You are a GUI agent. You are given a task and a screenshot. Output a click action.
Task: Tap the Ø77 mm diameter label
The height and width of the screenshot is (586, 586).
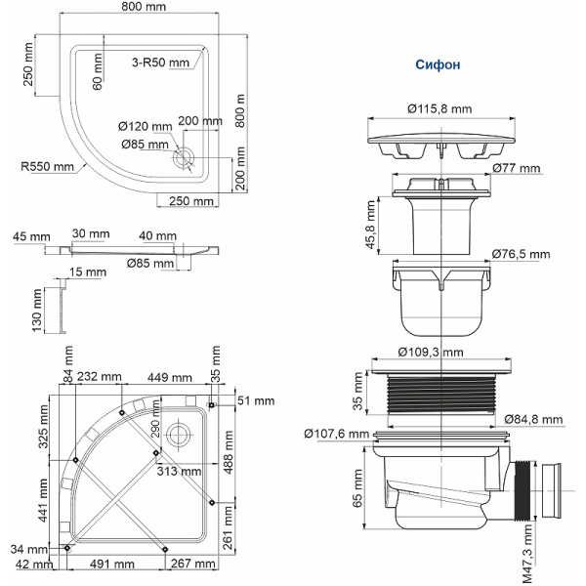click(x=517, y=169)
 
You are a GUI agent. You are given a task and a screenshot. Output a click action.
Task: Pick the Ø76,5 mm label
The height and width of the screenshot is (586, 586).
click(x=522, y=254)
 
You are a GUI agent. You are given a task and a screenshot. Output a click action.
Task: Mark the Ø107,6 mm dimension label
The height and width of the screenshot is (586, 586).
click(x=335, y=434)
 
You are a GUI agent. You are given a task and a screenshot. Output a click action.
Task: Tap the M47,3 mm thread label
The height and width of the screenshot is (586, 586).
click(x=528, y=551)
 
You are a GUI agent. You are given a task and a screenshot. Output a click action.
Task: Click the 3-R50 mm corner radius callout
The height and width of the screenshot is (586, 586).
click(x=160, y=63)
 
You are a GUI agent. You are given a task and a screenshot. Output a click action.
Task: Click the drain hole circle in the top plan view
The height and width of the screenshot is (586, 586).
click(x=185, y=155)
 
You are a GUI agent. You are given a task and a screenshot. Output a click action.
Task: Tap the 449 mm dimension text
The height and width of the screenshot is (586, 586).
click(x=168, y=378)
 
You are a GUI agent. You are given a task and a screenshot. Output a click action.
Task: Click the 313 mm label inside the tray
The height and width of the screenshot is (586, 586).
click(x=180, y=471)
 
